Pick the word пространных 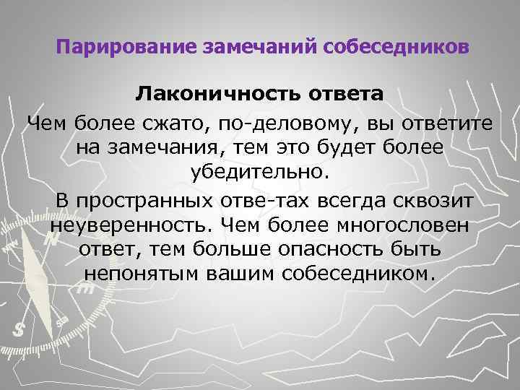pos(152,199)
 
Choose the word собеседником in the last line pos(360,274)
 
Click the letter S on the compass pos(19,328)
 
